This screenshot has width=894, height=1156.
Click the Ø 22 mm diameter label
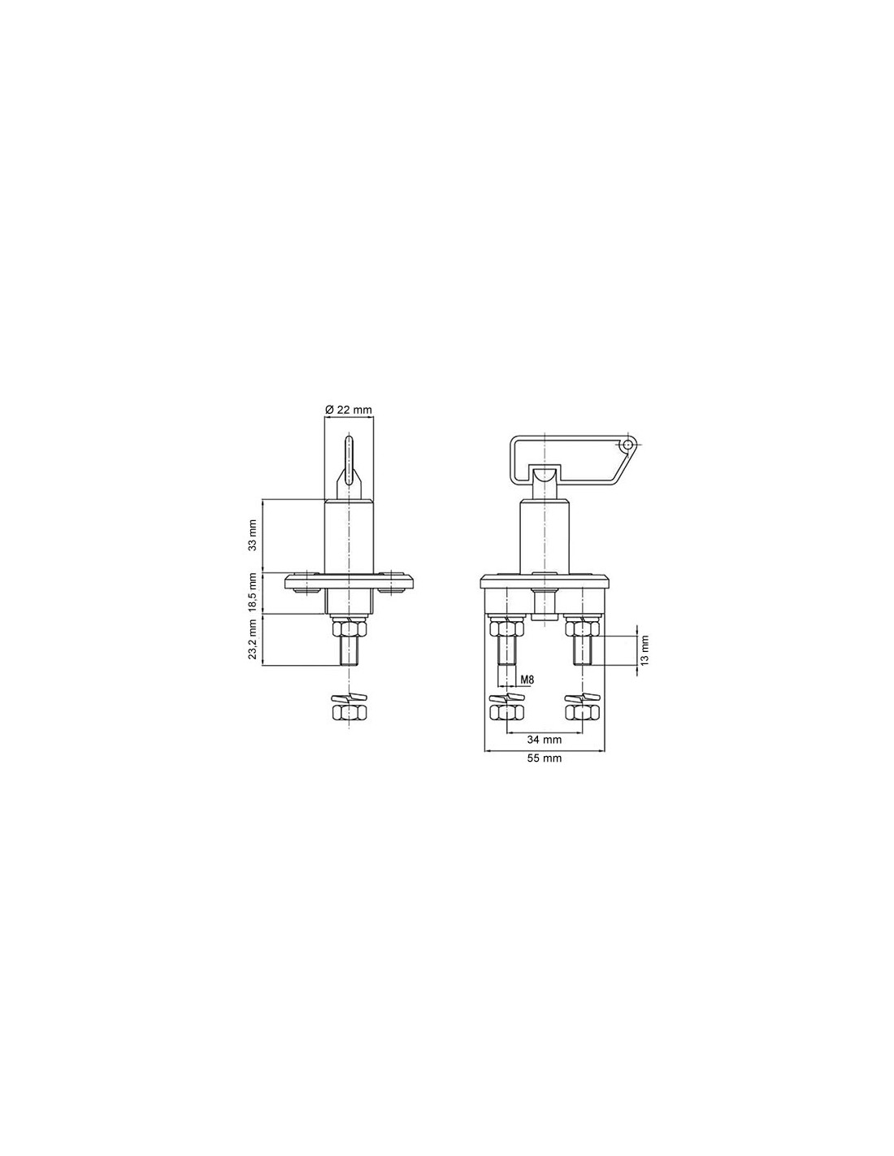click(348, 410)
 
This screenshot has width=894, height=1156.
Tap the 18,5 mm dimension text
click(253, 592)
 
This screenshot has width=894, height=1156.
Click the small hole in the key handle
click(627, 444)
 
